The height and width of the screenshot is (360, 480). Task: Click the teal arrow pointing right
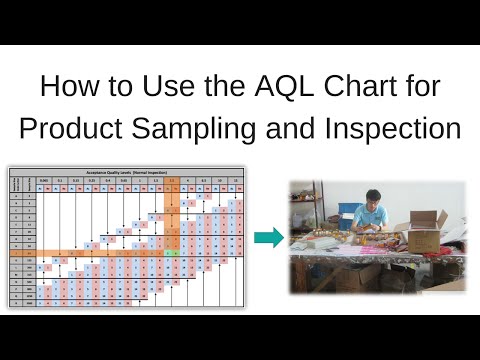(267, 237)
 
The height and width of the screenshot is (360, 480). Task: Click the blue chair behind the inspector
(350, 215)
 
